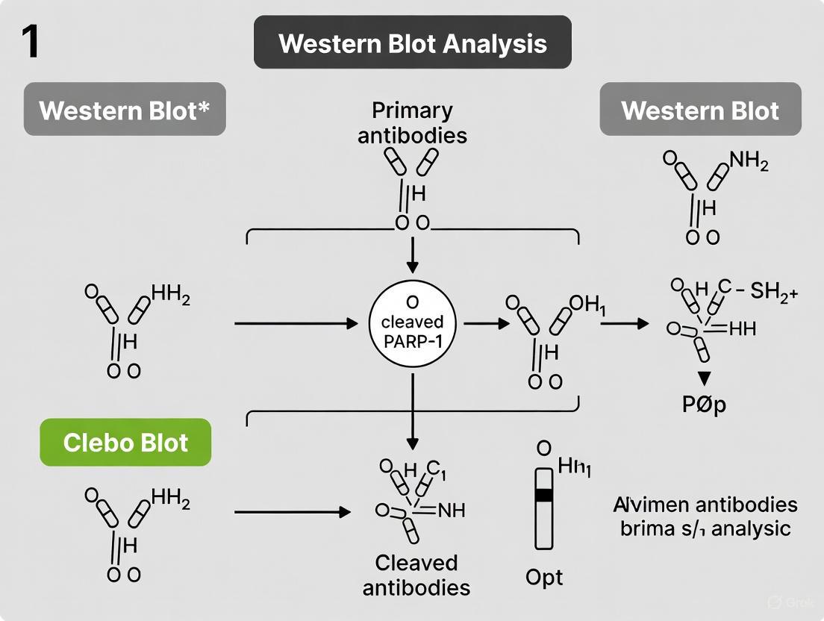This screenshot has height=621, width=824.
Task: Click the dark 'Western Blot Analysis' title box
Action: (x=412, y=43)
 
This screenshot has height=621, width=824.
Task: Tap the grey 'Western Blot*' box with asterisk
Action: (x=125, y=110)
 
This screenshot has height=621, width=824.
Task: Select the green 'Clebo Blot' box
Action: (x=125, y=443)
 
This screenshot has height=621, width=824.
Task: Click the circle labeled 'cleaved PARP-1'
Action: (x=412, y=322)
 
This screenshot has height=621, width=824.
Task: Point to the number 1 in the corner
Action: (x=29, y=42)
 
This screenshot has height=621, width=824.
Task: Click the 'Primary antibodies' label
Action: (x=412, y=123)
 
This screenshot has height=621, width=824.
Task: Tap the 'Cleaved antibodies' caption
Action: (x=416, y=575)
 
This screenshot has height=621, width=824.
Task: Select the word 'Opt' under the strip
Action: (x=544, y=577)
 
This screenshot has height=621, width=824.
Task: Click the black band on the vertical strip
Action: (x=544, y=494)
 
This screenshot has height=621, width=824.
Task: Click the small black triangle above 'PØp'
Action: (x=703, y=377)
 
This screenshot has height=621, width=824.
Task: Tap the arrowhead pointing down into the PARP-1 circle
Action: (x=412, y=266)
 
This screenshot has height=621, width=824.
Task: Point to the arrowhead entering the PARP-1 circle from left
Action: (x=352, y=324)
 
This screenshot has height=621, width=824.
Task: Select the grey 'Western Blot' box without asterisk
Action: (x=700, y=110)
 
